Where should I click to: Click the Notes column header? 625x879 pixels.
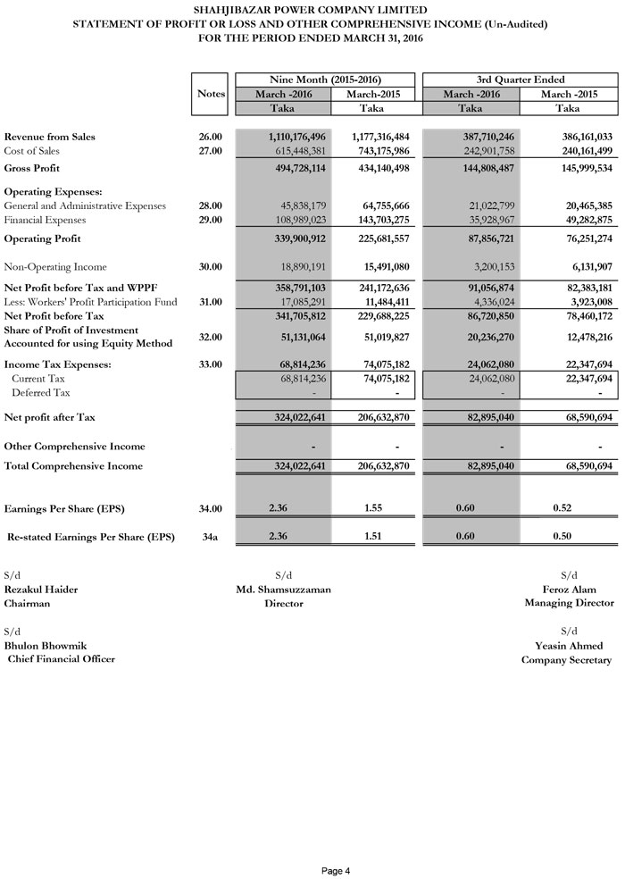211,94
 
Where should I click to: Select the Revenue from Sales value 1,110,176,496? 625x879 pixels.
296,137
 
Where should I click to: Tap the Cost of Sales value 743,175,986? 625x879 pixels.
378,151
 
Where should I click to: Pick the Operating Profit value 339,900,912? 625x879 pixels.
296,239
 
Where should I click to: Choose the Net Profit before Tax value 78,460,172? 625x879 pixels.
579,315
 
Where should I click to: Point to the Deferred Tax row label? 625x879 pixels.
36,392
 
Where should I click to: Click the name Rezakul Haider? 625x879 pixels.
40,589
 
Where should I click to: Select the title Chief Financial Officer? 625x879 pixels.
62,659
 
